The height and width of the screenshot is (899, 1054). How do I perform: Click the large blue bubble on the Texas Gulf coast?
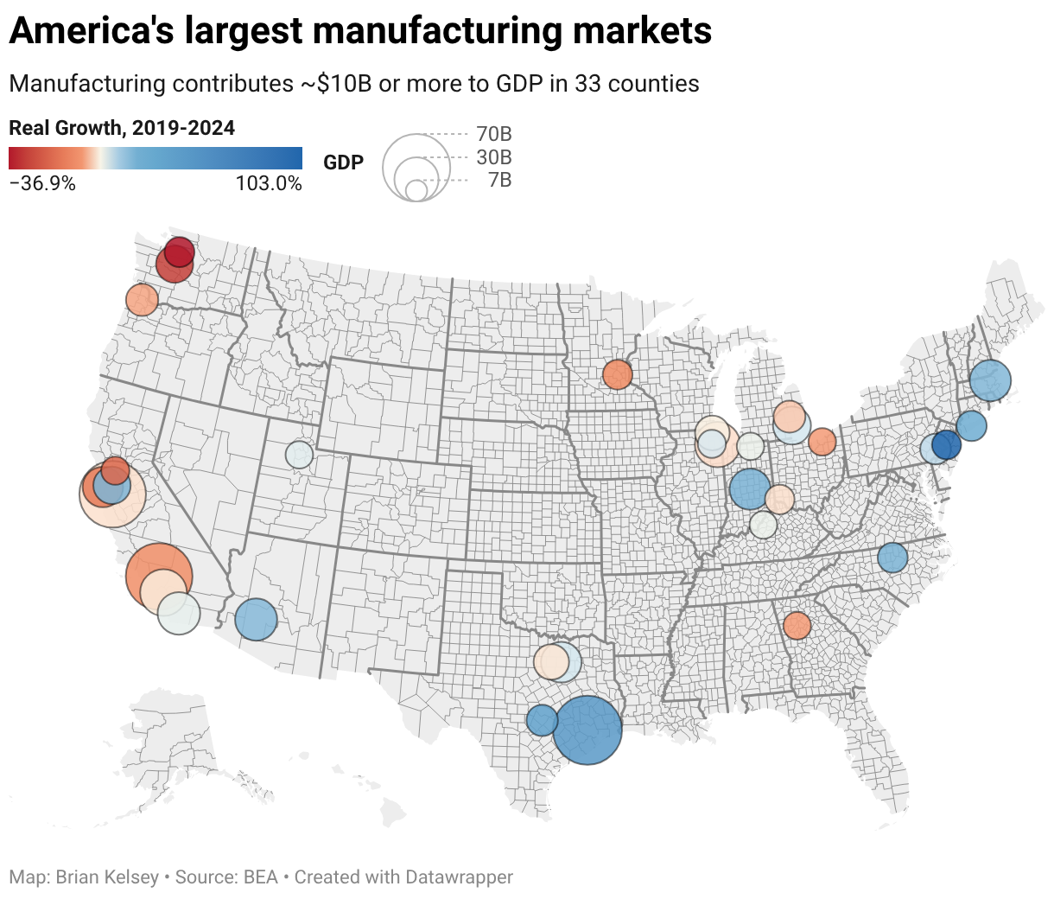[587, 730]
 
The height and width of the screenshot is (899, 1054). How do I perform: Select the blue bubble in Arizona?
[256, 620]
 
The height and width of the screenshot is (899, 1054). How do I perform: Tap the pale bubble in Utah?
[299, 455]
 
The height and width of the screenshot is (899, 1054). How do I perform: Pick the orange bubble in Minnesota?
[618, 375]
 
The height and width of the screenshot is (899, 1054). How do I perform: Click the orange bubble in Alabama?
[797, 625]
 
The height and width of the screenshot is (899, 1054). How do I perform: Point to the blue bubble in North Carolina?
[892, 558]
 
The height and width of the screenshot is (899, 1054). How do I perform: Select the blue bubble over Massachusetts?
[990, 380]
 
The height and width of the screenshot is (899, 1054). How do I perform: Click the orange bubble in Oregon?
[142, 300]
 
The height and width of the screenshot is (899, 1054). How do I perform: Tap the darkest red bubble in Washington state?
[180, 252]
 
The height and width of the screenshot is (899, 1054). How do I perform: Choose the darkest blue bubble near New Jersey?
[947, 445]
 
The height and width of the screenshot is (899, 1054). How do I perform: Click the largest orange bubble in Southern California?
[158, 576]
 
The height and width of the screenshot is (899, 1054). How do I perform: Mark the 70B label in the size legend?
[494, 134]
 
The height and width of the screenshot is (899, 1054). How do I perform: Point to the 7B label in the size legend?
[499, 180]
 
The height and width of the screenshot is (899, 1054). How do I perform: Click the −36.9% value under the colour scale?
[42, 183]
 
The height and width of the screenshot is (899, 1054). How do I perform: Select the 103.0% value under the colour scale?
[269, 183]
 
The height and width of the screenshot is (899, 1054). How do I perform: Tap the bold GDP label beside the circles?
[343, 163]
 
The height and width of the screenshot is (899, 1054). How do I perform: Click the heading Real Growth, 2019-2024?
[122, 128]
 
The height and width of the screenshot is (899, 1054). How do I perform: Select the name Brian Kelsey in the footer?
[107, 877]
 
